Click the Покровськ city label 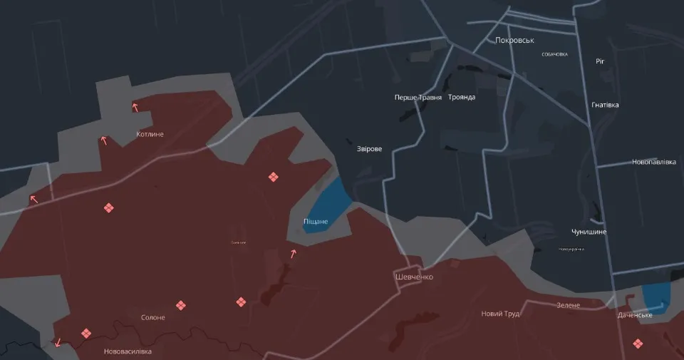point(514,41)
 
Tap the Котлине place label point(150,134)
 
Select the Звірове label point(369,149)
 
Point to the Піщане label point(316,222)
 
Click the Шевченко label point(414,277)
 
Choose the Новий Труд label point(500,314)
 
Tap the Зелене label point(569,305)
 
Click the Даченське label point(635,314)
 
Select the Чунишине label point(589,232)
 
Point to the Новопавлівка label point(653,162)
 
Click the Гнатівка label point(605,105)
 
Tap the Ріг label point(600,61)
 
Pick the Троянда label point(462,97)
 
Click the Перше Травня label point(418,97)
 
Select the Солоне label point(153,317)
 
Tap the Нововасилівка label point(128,351)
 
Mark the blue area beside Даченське point(655,296)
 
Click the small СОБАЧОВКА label point(554,54)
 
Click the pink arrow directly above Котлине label point(135,108)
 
